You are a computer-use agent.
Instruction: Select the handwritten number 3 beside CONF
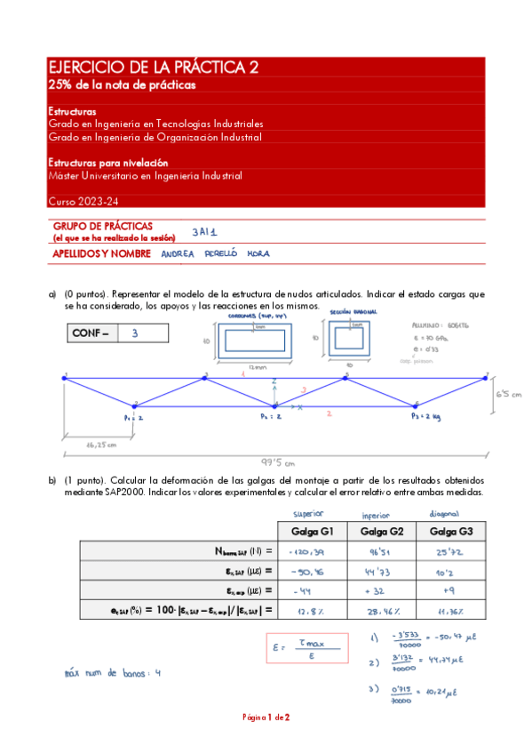point(134,333)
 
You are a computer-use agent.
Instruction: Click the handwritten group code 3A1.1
point(204,233)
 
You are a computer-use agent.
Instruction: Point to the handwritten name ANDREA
point(177,253)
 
